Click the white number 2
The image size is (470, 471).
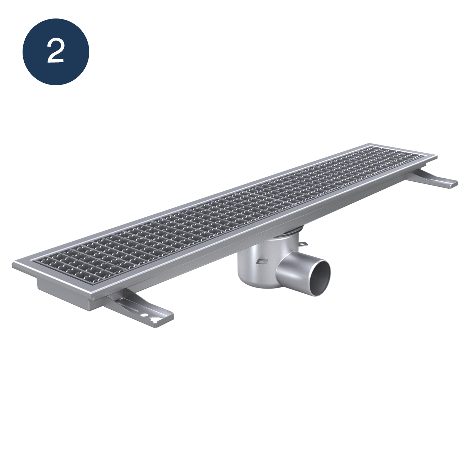[x=56, y=52]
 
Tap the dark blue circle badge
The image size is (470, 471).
[x=56, y=52]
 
